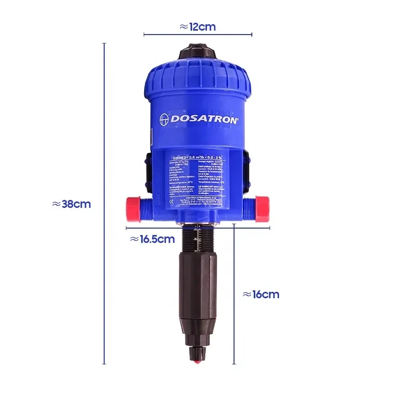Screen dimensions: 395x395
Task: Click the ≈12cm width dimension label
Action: (197, 27)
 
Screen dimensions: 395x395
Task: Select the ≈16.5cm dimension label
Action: (152, 239)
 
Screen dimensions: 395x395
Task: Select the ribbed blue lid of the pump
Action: (198, 77)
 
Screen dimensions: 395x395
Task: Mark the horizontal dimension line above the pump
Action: (197, 35)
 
